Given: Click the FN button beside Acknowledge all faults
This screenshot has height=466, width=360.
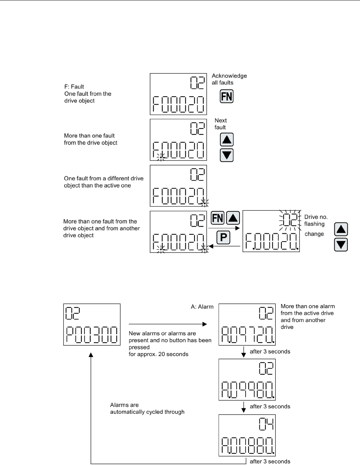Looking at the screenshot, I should (x=227, y=96).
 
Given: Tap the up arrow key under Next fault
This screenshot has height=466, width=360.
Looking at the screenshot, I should (x=227, y=140).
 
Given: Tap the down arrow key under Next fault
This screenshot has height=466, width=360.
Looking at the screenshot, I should (x=227, y=155).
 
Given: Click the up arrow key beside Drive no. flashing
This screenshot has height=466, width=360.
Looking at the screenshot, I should (x=341, y=229).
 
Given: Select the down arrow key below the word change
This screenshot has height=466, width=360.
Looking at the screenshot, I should (x=341, y=245).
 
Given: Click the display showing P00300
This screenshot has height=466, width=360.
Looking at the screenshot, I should (x=92, y=324).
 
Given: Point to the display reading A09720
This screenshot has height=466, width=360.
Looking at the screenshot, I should (x=247, y=324).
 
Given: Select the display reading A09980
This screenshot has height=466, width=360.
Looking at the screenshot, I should (x=247, y=379).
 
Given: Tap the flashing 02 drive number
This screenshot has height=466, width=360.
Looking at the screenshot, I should (x=290, y=220).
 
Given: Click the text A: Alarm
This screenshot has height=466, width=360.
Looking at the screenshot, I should (x=202, y=307).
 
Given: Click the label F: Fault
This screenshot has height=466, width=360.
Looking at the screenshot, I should (x=74, y=87).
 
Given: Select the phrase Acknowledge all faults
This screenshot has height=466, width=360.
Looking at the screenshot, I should (x=229, y=79).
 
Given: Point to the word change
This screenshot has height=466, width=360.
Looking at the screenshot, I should (x=314, y=234).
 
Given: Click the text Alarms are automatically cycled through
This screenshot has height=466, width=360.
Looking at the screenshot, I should (x=147, y=408).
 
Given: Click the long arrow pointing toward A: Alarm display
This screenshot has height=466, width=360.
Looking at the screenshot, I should (x=168, y=324).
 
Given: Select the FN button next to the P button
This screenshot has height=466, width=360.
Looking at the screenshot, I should (x=218, y=218).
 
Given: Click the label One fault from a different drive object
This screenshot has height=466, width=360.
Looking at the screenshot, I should (x=104, y=182).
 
